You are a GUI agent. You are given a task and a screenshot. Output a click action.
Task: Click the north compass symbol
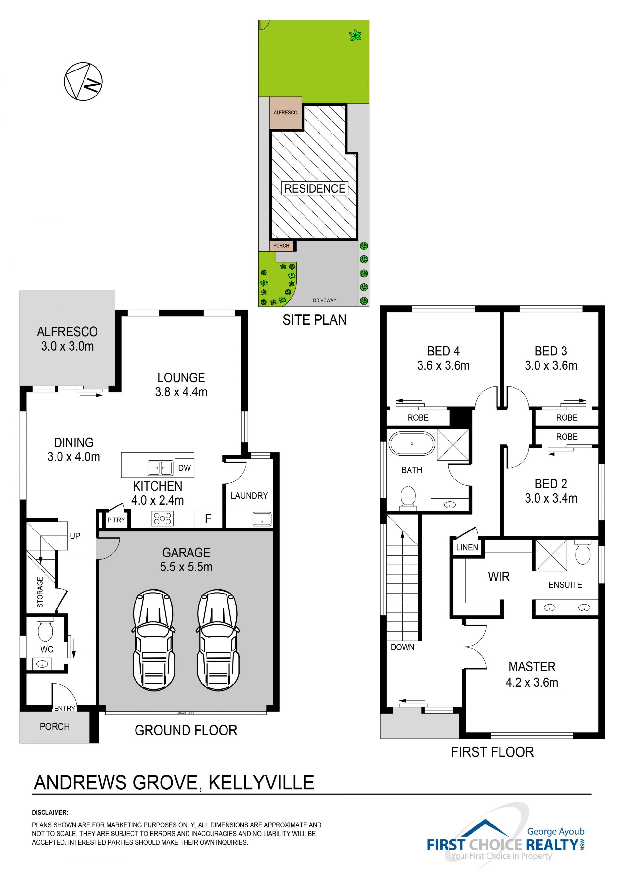[83, 82]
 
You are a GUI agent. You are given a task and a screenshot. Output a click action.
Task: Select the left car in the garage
[154, 640]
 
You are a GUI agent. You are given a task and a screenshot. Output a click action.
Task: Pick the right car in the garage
[218, 640]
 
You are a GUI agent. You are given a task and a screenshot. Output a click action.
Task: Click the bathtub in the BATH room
[411, 444]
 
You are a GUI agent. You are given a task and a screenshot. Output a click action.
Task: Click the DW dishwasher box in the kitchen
[184, 467]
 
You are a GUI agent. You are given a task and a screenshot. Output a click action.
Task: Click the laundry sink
[262, 519]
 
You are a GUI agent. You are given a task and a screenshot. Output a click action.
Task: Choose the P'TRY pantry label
[116, 520]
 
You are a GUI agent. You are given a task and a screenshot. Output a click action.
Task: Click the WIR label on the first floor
[499, 577]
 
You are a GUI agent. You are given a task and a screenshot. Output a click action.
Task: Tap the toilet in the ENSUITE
[582, 552]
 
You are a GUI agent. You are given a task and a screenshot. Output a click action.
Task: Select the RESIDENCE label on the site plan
[315, 189]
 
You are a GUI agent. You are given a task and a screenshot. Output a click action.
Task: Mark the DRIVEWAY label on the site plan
[325, 300]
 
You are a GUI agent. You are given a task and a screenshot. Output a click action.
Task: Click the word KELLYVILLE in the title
[261, 783]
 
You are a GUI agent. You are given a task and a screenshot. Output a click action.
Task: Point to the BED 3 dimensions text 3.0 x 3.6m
[551, 365]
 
